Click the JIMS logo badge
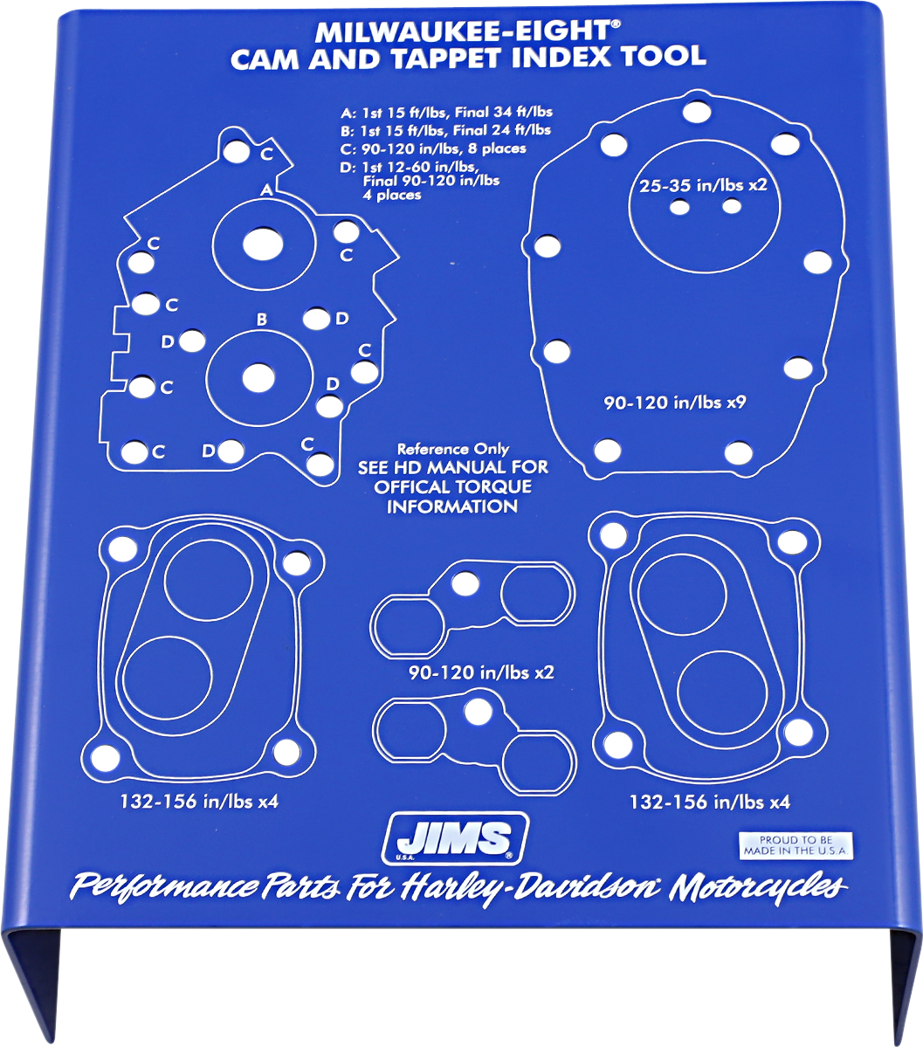(457, 839)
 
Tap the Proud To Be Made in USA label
(795, 844)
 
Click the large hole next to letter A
(257, 244)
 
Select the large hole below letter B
(258, 378)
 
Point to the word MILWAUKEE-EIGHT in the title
(461, 32)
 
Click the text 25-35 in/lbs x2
(702, 185)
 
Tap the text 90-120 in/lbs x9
(674, 403)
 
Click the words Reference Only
(453, 449)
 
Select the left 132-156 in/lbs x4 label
(199, 800)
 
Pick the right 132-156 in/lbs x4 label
(709, 801)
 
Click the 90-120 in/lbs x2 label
(481, 672)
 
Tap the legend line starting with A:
(446, 113)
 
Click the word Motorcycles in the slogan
(758, 887)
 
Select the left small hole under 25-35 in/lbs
(678, 207)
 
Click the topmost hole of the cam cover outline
(696, 111)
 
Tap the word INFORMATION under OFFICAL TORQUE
(453, 506)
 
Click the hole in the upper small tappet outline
(465, 583)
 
